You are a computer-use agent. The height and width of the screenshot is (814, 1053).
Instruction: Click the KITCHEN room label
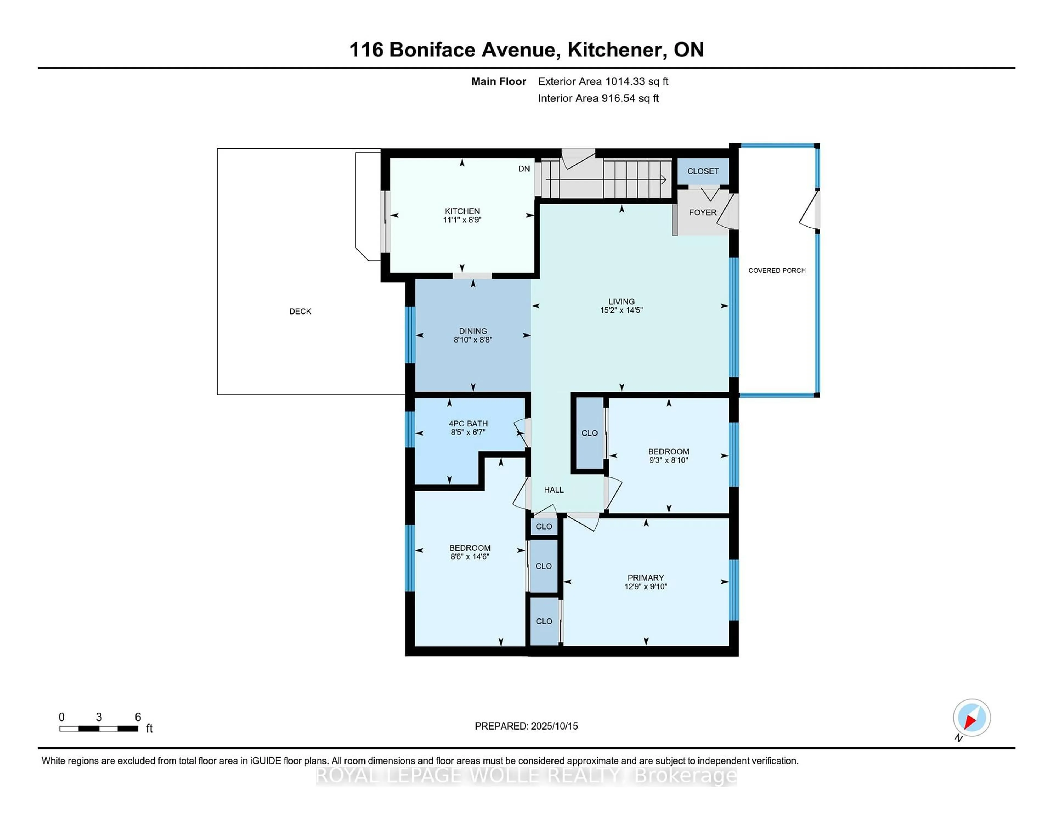tap(462, 211)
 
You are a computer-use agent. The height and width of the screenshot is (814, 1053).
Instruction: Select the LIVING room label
tap(621, 301)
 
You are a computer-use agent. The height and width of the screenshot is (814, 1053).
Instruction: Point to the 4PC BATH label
tap(468, 423)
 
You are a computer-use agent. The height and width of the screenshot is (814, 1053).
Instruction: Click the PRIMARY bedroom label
tap(645, 578)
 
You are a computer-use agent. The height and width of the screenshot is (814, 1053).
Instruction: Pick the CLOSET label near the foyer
tap(703, 171)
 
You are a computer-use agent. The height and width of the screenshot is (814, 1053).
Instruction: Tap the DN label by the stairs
tap(523, 169)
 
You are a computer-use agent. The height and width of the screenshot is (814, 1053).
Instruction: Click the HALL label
tap(553, 490)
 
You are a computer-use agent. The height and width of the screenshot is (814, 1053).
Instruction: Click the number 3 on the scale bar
tap(99, 717)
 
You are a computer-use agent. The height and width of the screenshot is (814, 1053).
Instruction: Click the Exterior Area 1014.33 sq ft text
tap(603, 81)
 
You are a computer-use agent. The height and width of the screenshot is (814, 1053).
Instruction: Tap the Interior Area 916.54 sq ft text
tap(598, 98)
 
